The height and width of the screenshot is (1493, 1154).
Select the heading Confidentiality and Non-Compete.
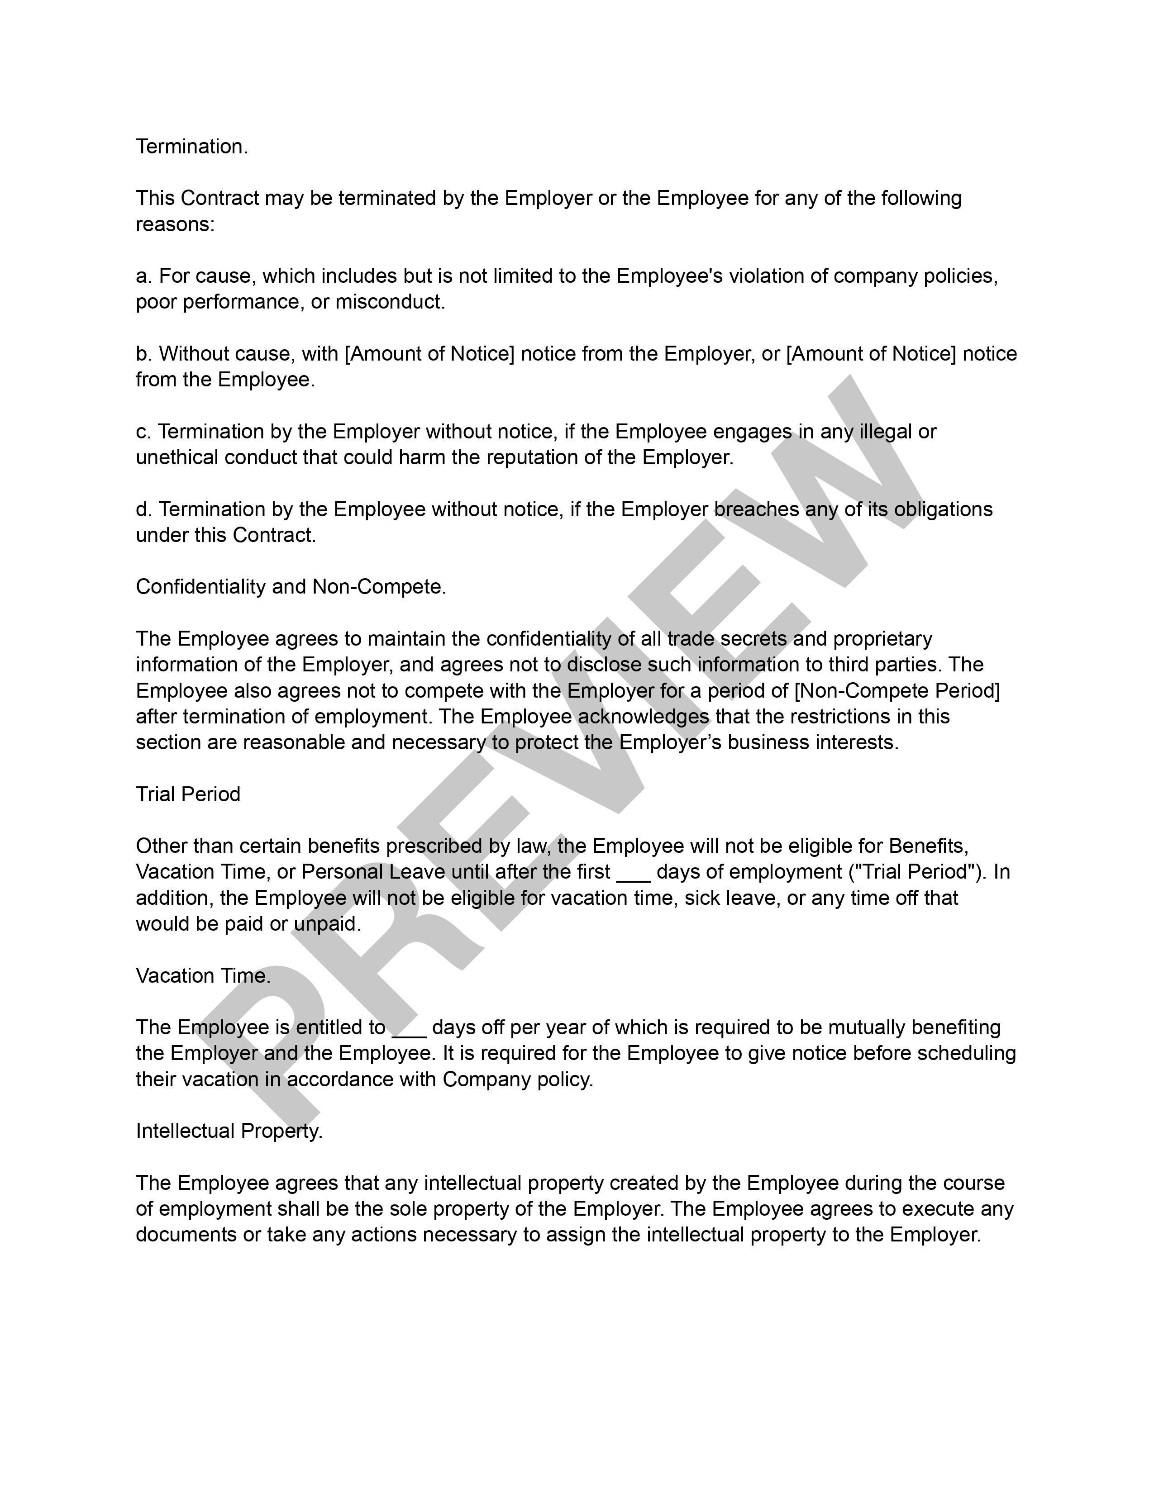coord(291,586)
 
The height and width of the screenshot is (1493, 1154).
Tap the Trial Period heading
coord(188,794)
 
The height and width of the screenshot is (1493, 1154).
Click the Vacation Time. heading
coord(203,975)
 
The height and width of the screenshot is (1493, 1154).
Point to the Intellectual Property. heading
coord(229,1132)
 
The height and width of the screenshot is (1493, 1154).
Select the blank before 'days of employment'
coord(633,873)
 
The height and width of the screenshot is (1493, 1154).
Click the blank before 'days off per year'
coord(409,1029)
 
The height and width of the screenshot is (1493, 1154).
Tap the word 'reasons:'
coord(175,225)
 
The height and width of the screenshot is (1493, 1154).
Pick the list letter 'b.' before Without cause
coord(143,354)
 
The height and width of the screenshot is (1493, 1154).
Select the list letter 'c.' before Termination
coord(143,432)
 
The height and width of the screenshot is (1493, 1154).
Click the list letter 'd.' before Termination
coord(143,509)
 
